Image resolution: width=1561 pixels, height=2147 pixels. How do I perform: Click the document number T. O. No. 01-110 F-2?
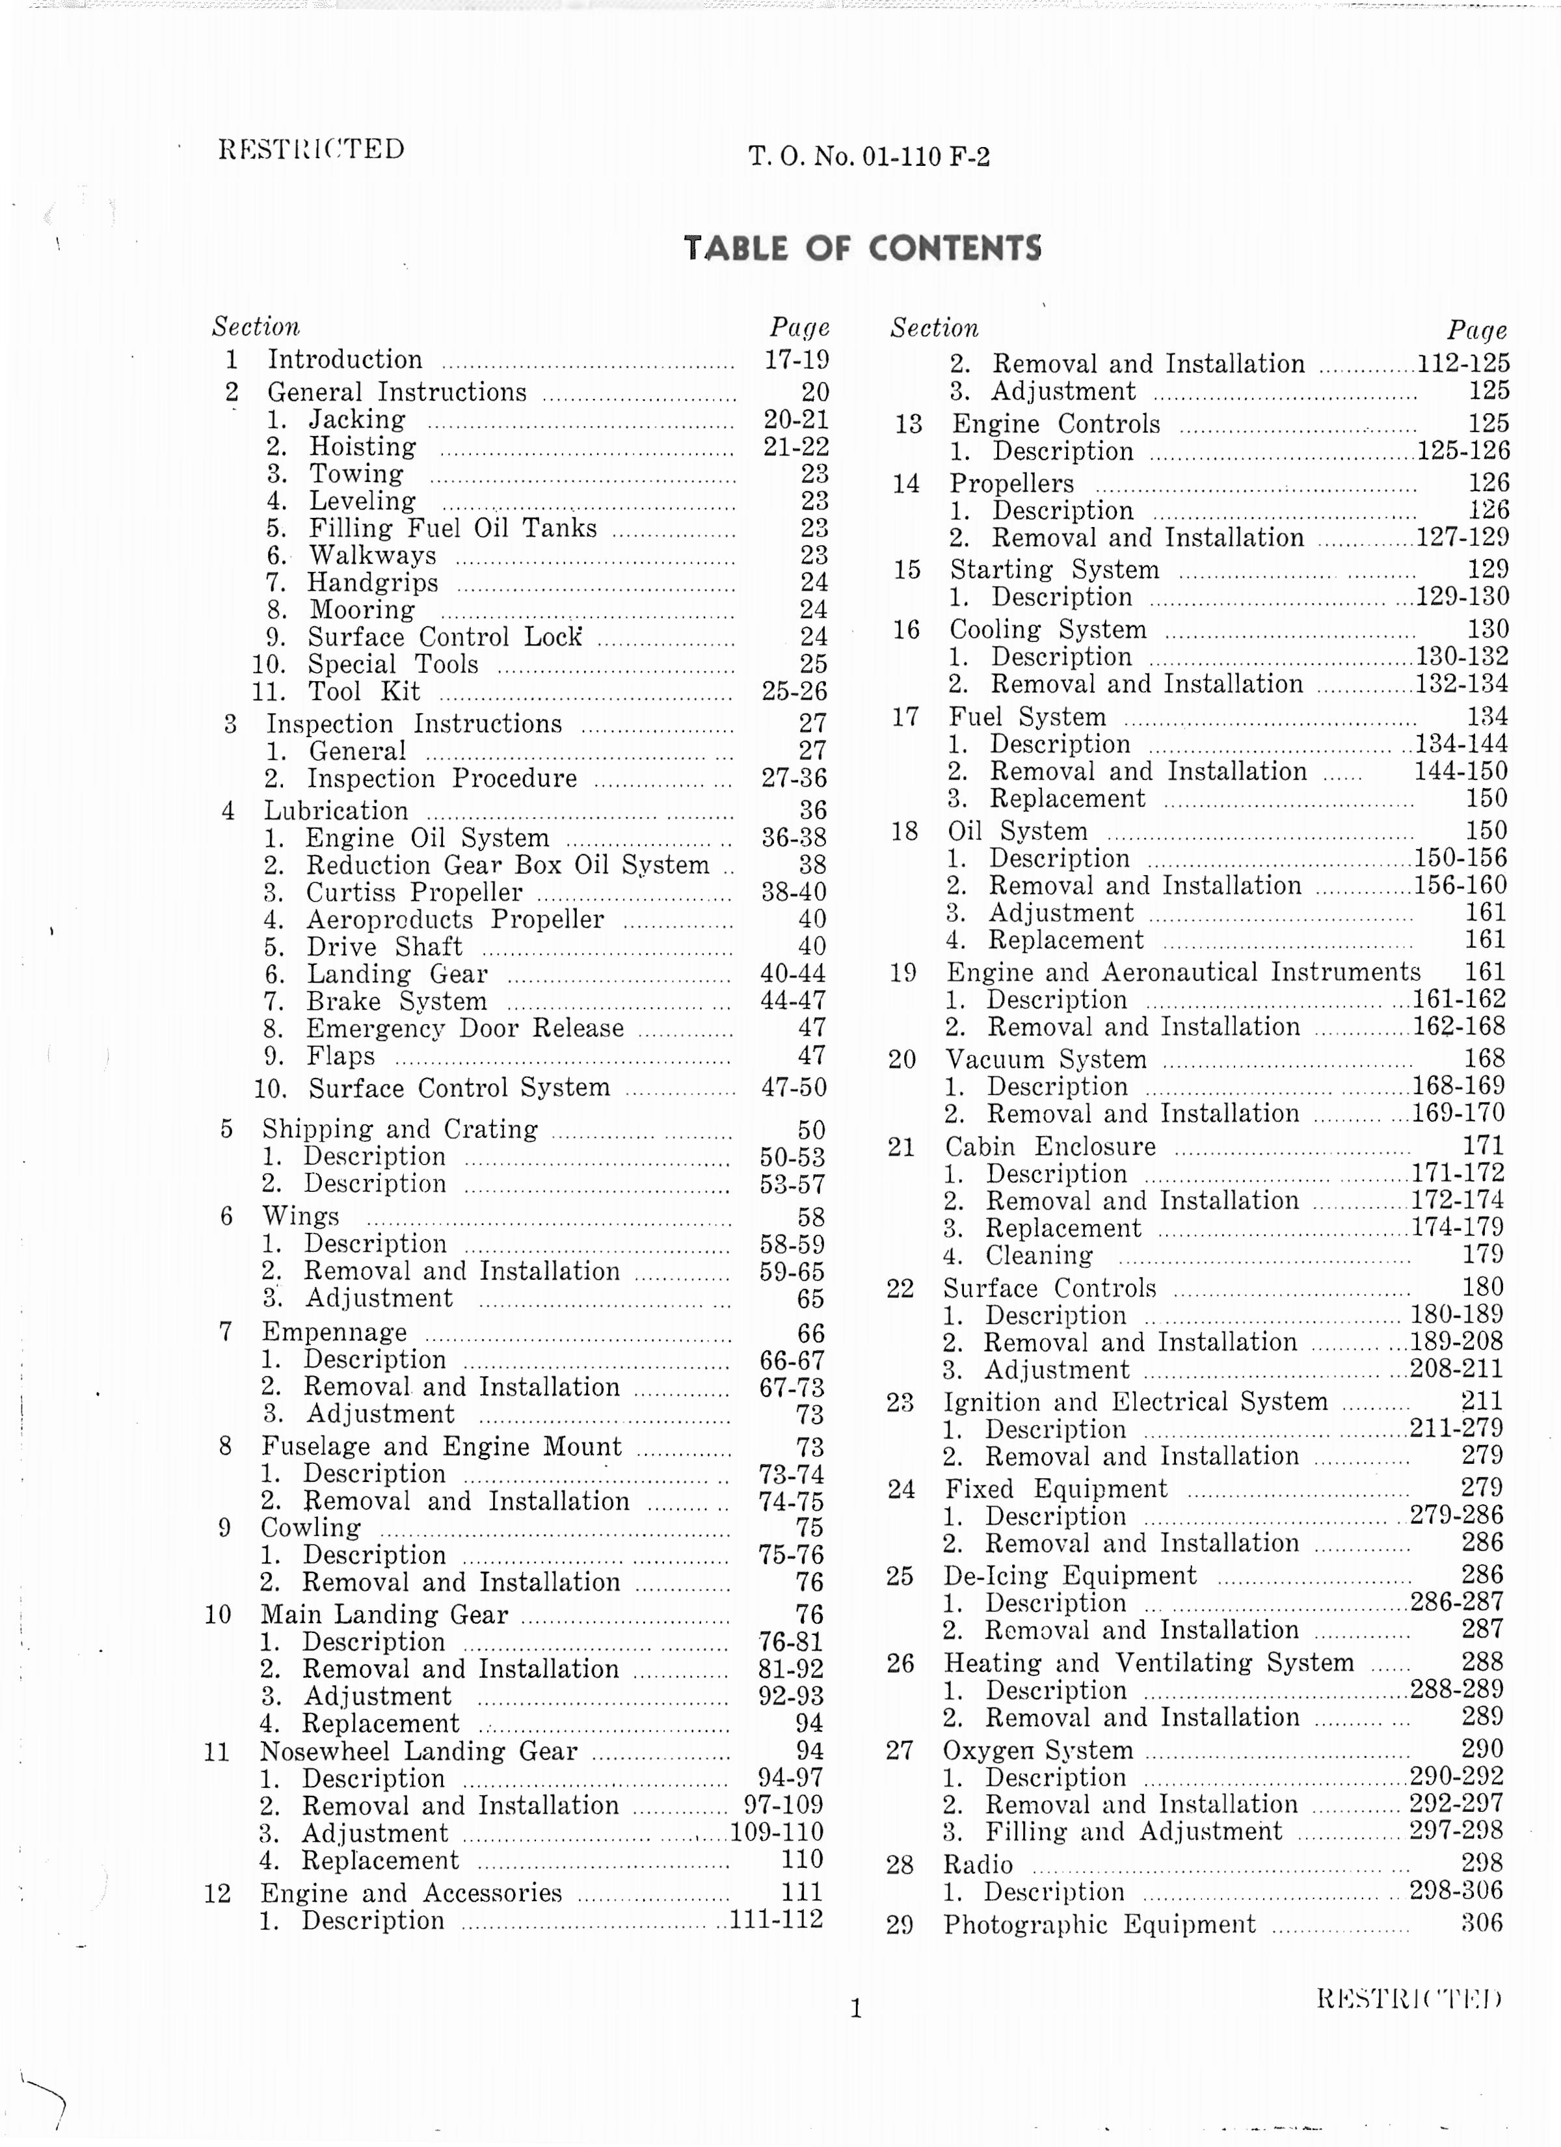868,156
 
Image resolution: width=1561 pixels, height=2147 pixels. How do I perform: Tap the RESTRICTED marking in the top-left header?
312,148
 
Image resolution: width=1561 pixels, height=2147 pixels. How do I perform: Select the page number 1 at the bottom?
856,2008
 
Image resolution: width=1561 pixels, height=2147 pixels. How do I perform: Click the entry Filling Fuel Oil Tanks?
453,528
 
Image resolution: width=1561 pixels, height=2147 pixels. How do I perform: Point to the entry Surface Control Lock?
444,637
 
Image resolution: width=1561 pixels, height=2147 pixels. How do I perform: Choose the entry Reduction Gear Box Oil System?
507,865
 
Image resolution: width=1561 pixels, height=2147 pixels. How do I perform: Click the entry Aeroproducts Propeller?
455,919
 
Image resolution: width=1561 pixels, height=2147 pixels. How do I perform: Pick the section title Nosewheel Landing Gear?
418,1751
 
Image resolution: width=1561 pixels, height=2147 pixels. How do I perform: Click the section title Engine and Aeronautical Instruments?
1183,972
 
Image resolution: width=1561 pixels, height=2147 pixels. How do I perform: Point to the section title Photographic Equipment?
1099,1924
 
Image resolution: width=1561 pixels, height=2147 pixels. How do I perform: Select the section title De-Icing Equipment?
1070,1576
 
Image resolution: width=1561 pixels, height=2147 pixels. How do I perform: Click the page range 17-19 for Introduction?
796,360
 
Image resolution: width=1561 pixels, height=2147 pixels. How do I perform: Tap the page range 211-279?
1456,1429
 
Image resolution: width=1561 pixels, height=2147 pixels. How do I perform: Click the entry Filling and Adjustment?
1133,1831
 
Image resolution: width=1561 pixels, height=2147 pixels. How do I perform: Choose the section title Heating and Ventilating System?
1148,1663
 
